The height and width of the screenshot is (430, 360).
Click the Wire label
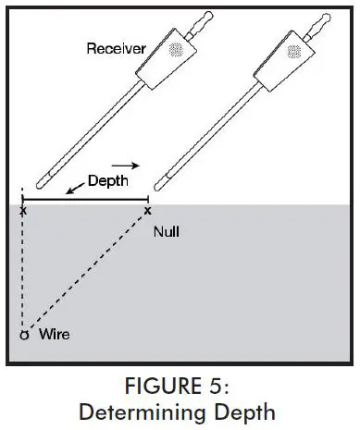(54, 332)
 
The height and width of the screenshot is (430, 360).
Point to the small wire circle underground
(24, 334)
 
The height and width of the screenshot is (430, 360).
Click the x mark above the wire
(23, 212)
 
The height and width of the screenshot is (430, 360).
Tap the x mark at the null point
(148, 212)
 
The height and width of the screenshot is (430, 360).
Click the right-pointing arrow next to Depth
(131, 166)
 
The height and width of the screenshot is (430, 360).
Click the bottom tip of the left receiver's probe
(44, 184)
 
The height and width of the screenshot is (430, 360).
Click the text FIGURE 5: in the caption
(180, 383)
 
